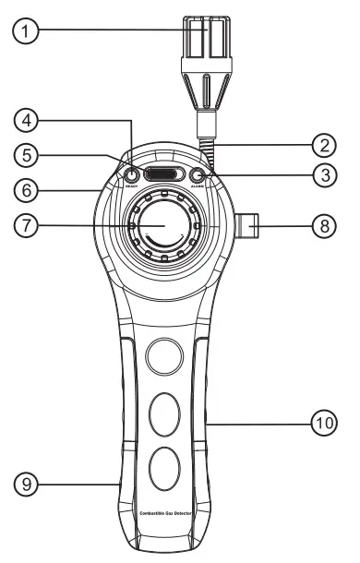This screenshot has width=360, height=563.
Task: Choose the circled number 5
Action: pos(30,156)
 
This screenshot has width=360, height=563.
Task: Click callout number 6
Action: pos(30,191)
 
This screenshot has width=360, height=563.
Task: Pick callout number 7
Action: pos(30,226)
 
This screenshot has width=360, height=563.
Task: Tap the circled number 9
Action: pos(30,482)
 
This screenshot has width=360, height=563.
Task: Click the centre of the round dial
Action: pos(165,225)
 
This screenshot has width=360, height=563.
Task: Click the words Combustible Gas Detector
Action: pos(165,513)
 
